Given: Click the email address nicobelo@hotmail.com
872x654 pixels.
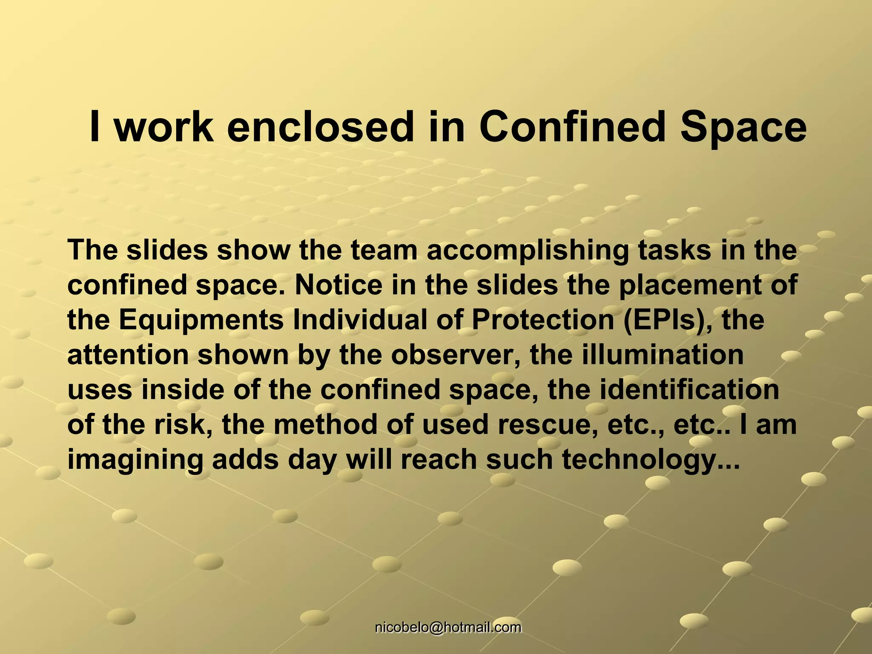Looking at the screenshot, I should click(448, 627).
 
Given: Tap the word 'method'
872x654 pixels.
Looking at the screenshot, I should click(325, 425).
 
